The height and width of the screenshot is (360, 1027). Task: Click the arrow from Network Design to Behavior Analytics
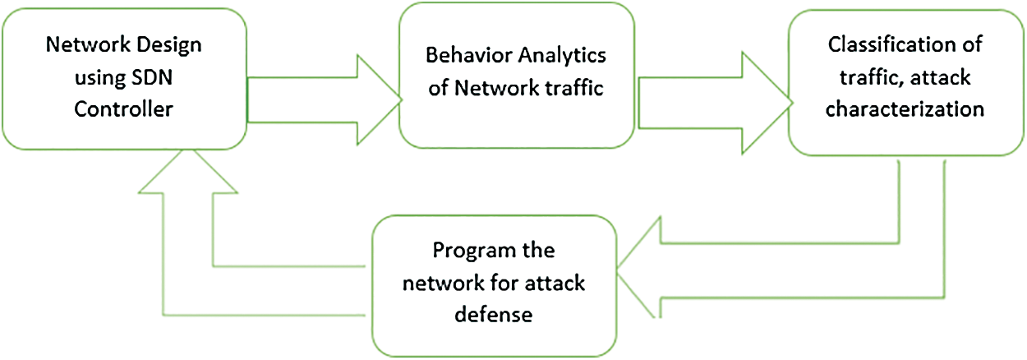pyautogui.click(x=325, y=99)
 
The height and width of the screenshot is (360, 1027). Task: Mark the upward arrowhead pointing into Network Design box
pyautogui.click(x=189, y=173)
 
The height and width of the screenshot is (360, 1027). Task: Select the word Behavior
pyautogui.click(x=463, y=57)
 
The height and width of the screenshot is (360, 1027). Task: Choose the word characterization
pyautogui.click(x=905, y=109)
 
